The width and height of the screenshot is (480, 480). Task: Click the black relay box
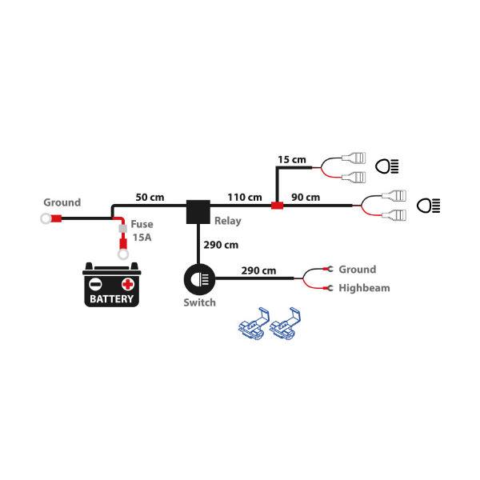(x=198, y=211)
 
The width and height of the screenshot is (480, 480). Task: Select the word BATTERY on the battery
(x=112, y=299)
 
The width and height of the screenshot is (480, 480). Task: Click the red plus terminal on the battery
(x=127, y=284)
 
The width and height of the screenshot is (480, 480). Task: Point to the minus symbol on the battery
(x=95, y=284)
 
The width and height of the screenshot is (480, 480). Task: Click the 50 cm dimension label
(x=150, y=196)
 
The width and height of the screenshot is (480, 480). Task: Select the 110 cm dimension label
(x=244, y=197)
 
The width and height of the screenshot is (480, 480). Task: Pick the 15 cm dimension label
(x=291, y=159)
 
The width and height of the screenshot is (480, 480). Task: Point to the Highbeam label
(x=364, y=287)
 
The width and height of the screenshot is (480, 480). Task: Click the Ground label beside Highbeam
(x=357, y=270)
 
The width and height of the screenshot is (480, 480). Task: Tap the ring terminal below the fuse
(x=123, y=254)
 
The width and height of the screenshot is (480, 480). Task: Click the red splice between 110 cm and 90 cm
(x=277, y=206)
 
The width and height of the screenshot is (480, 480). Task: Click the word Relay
(x=228, y=221)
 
